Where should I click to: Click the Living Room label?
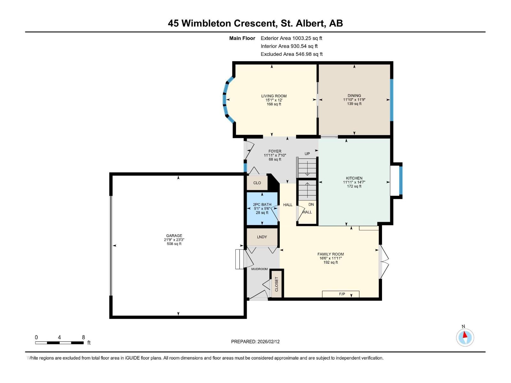pyautogui.click(x=274, y=96)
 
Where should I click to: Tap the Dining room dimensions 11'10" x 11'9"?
pyautogui.click(x=354, y=100)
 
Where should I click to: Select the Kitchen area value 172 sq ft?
pyautogui.click(x=354, y=186)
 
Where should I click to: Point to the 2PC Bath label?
pyautogui.click(x=262, y=205)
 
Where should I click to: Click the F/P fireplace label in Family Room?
pyautogui.click(x=342, y=294)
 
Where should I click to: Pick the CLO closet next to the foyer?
pyautogui.click(x=257, y=183)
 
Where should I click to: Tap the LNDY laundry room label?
pyautogui.click(x=262, y=237)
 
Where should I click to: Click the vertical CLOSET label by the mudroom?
pyautogui.click(x=277, y=284)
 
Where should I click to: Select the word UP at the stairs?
pyautogui.click(x=307, y=154)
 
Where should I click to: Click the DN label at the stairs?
pyautogui.click(x=311, y=204)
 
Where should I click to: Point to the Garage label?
pyautogui.click(x=174, y=236)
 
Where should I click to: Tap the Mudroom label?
pyautogui.click(x=259, y=269)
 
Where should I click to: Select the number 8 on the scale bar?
pyautogui.click(x=83, y=337)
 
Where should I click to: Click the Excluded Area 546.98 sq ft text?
pyautogui.click(x=291, y=54)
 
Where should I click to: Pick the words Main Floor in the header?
pyautogui.click(x=242, y=38)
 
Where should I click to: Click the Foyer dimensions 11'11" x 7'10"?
pyautogui.click(x=275, y=155)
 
